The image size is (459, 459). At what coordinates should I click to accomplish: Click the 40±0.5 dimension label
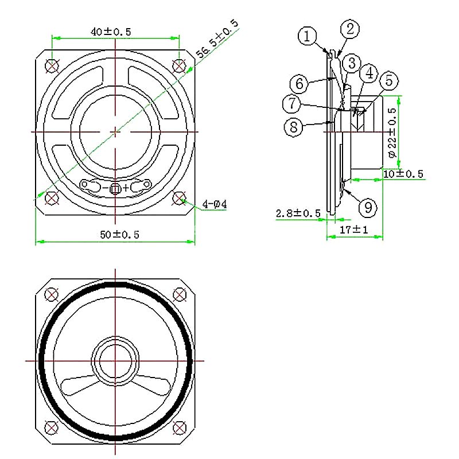point(111,32)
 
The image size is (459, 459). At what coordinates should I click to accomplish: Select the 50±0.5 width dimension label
point(119,235)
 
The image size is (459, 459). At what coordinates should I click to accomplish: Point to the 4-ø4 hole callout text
point(215,204)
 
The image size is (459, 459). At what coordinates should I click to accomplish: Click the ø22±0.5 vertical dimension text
point(392,133)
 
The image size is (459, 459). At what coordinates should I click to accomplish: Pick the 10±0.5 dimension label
point(403,174)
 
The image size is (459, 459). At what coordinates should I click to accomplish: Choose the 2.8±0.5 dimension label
point(298,213)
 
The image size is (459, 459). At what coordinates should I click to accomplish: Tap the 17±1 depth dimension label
point(353,229)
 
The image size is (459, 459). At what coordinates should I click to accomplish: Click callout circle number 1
point(307,36)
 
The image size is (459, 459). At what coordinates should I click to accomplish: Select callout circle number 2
point(350,29)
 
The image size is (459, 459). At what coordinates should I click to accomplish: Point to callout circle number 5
point(389,80)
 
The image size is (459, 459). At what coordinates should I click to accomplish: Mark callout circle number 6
point(299,84)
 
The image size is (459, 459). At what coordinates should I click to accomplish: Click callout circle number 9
point(368,208)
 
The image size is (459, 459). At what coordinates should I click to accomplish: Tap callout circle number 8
point(294,127)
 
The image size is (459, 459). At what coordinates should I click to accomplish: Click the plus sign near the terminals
point(126,188)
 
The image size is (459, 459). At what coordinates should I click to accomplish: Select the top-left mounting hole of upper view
point(52,66)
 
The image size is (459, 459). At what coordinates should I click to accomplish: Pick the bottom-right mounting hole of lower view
point(179,427)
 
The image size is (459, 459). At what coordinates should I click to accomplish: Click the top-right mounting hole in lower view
point(180,294)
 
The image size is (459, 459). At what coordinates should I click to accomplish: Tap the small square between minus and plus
point(115,189)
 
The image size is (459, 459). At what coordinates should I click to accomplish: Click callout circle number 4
point(369,73)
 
